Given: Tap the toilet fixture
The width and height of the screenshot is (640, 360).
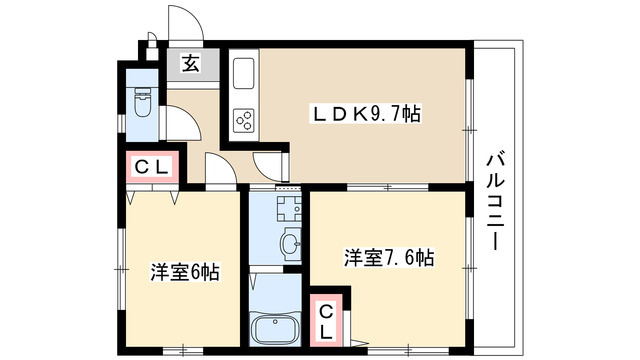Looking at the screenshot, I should [141, 104].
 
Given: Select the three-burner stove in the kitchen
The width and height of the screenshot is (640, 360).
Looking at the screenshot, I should [244, 120].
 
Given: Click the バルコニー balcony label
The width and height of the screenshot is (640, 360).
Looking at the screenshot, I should [495, 201].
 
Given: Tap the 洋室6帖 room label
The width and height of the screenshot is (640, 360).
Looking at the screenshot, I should [186, 272].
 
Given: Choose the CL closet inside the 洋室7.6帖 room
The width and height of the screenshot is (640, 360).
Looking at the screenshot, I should [327, 320].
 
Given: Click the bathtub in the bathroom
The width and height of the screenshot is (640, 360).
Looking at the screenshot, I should [273, 328].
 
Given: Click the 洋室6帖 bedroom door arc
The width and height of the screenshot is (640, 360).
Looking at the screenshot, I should [222, 170].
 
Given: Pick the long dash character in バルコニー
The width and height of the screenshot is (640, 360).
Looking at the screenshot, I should [495, 241].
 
